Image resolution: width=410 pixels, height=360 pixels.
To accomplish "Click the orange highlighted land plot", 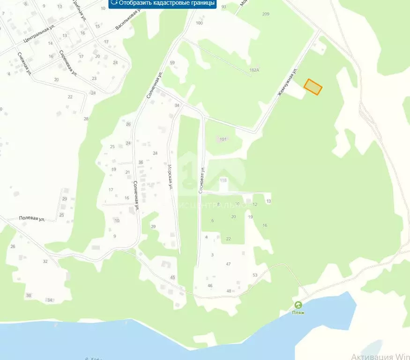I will [313, 87].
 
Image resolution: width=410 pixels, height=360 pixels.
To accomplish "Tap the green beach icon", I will [298, 305].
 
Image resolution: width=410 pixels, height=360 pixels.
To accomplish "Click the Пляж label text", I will [298, 313].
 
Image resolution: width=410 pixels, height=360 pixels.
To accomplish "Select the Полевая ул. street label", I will [32, 219].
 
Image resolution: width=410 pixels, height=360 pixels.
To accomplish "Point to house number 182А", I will [254, 70].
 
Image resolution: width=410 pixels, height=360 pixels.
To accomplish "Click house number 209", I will [266, 14].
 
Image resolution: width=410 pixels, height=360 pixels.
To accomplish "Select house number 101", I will [223, 139].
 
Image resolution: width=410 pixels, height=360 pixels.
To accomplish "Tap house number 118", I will [223, 180].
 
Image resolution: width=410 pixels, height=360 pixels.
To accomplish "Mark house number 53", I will [255, 275].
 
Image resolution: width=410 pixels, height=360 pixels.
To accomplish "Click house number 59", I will [172, 63].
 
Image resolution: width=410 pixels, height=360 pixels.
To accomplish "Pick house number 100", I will [200, 23].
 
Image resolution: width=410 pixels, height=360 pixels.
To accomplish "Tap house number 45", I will [172, 278].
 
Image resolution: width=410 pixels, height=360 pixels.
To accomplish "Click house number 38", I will [29, 295].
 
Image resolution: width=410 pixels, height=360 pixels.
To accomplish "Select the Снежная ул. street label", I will [24, 63].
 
